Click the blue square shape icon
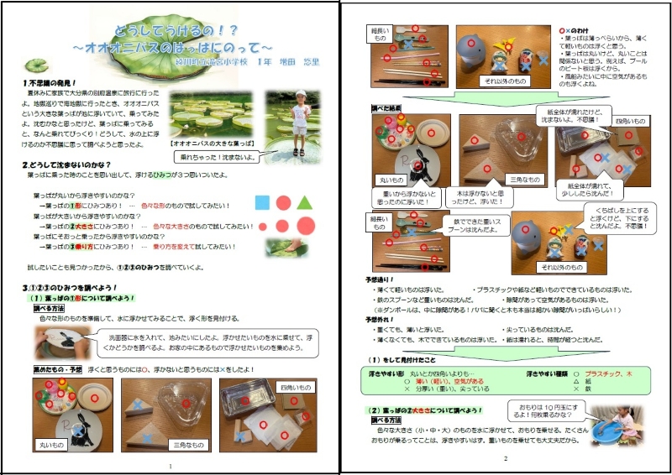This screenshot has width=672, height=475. [x=262, y=202]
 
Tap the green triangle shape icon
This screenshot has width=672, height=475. [x=305, y=202]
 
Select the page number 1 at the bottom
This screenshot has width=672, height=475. [x=171, y=466]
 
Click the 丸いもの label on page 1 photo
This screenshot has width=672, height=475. [x=50, y=444]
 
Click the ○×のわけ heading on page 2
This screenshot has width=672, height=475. [x=575, y=29]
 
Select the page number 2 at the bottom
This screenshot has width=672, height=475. [x=506, y=459]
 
